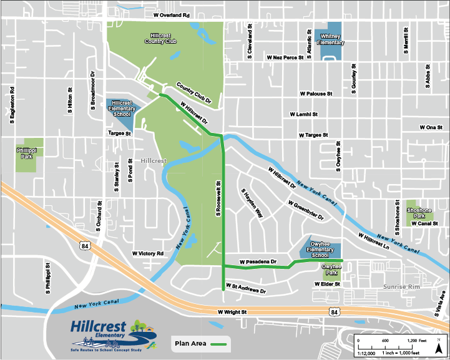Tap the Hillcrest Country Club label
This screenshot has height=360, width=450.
pos(165,39)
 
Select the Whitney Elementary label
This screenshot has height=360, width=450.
pos(330,39)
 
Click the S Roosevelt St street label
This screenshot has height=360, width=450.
pos(219,199)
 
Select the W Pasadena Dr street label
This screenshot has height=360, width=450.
pos(258,261)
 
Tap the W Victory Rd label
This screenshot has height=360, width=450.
pos(147,254)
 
